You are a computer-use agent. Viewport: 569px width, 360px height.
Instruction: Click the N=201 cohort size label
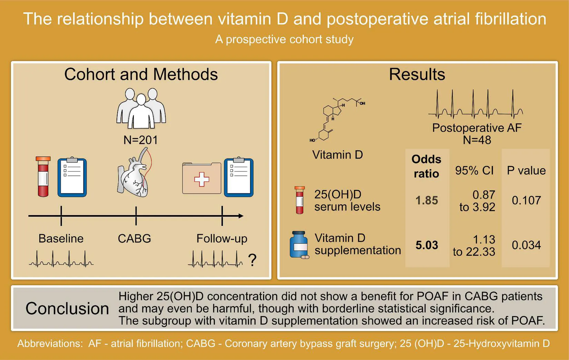click(140, 140)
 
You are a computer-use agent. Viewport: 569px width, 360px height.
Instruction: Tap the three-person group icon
click(141, 108)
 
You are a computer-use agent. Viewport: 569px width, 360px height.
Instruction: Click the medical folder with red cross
click(202, 178)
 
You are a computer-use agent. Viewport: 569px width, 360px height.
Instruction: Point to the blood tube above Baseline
click(43, 177)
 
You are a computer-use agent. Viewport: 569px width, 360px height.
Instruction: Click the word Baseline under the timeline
click(61, 239)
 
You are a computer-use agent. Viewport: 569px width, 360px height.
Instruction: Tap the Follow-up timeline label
click(222, 239)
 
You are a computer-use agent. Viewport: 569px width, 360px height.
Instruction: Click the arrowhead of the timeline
click(241, 216)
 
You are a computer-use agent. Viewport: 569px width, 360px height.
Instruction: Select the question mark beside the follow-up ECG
click(252, 260)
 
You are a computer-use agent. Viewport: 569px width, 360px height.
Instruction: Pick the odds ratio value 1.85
click(427, 200)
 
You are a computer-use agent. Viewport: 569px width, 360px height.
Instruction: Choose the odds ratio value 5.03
click(427, 245)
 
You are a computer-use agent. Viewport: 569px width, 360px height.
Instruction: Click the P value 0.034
click(526, 245)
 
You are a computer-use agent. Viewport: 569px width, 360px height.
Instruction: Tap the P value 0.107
click(526, 200)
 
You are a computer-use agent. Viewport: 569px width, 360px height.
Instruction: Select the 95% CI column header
click(474, 170)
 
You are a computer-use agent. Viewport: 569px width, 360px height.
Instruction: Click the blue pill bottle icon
click(299, 245)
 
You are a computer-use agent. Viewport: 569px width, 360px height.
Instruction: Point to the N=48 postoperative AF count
click(477, 140)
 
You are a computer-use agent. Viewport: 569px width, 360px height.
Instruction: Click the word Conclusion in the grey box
click(67, 309)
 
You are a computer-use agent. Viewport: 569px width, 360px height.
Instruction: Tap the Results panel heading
click(417, 74)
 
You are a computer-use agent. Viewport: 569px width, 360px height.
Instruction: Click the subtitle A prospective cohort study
click(284, 39)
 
